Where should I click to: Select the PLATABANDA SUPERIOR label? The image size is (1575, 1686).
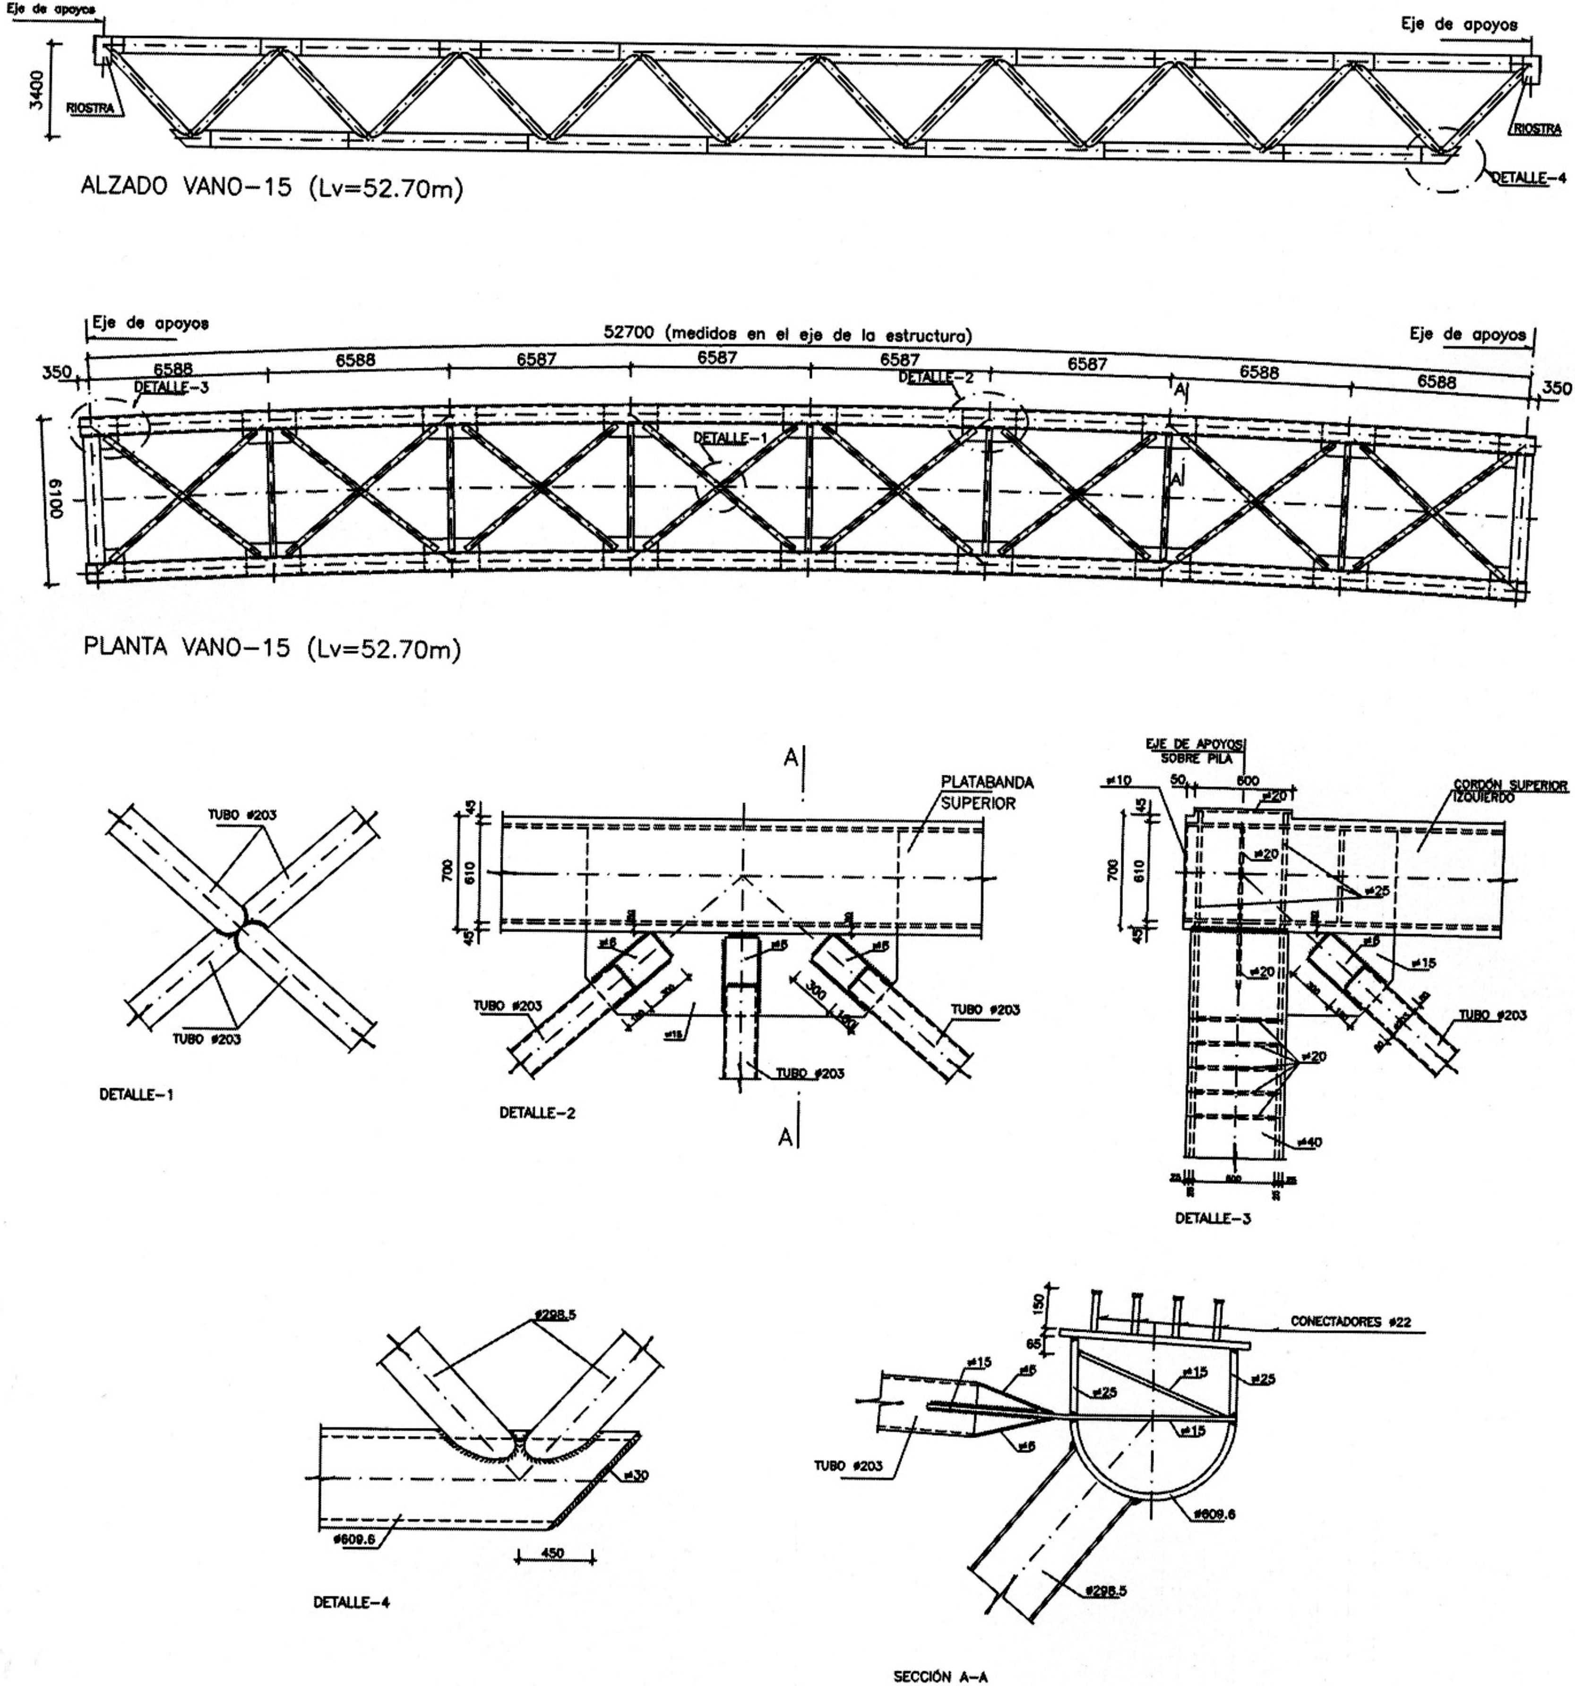coord(986,793)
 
